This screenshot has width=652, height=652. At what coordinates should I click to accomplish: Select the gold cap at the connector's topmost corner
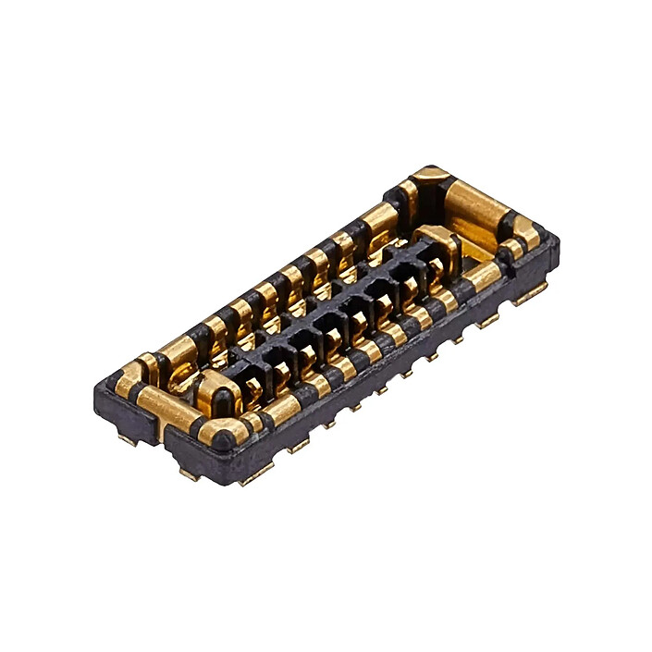coord(432,175)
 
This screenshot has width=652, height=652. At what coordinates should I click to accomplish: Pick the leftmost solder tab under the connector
coord(127,438)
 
